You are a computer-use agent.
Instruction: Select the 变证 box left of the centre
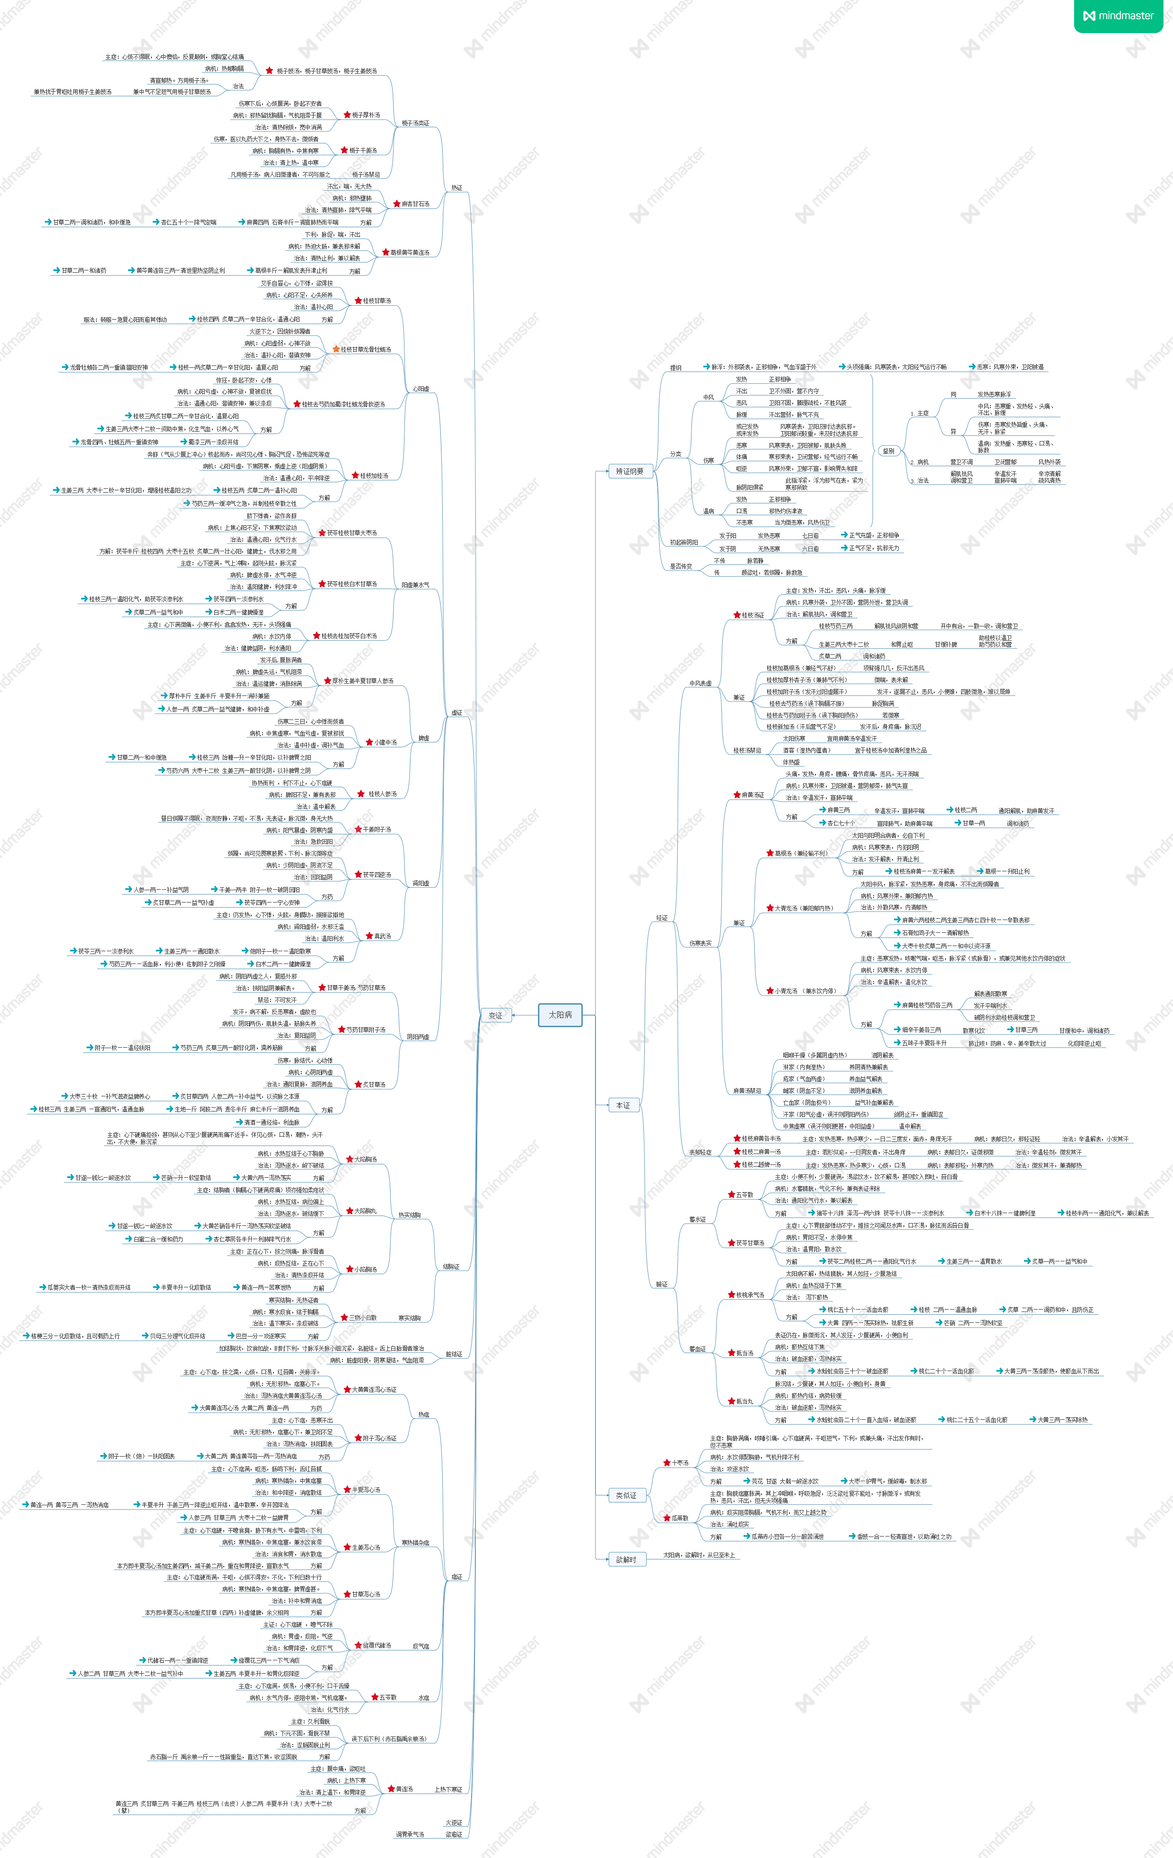point(495,1016)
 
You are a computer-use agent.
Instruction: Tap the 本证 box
point(623,1105)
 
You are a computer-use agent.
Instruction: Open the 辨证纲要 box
point(630,471)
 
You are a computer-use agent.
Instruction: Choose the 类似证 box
point(626,1495)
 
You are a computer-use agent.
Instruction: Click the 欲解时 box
point(626,1559)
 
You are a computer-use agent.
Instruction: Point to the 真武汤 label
point(383,936)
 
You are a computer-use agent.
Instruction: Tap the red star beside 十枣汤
point(666,1462)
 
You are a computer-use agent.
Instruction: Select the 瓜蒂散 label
point(679,1518)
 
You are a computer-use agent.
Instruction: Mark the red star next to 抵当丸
point(730,1401)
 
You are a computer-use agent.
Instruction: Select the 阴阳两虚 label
point(418,1036)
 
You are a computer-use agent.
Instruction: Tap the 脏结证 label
point(454,1354)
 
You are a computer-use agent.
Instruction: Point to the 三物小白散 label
point(363,1318)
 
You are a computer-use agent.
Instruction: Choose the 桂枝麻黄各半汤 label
point(761,1138)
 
